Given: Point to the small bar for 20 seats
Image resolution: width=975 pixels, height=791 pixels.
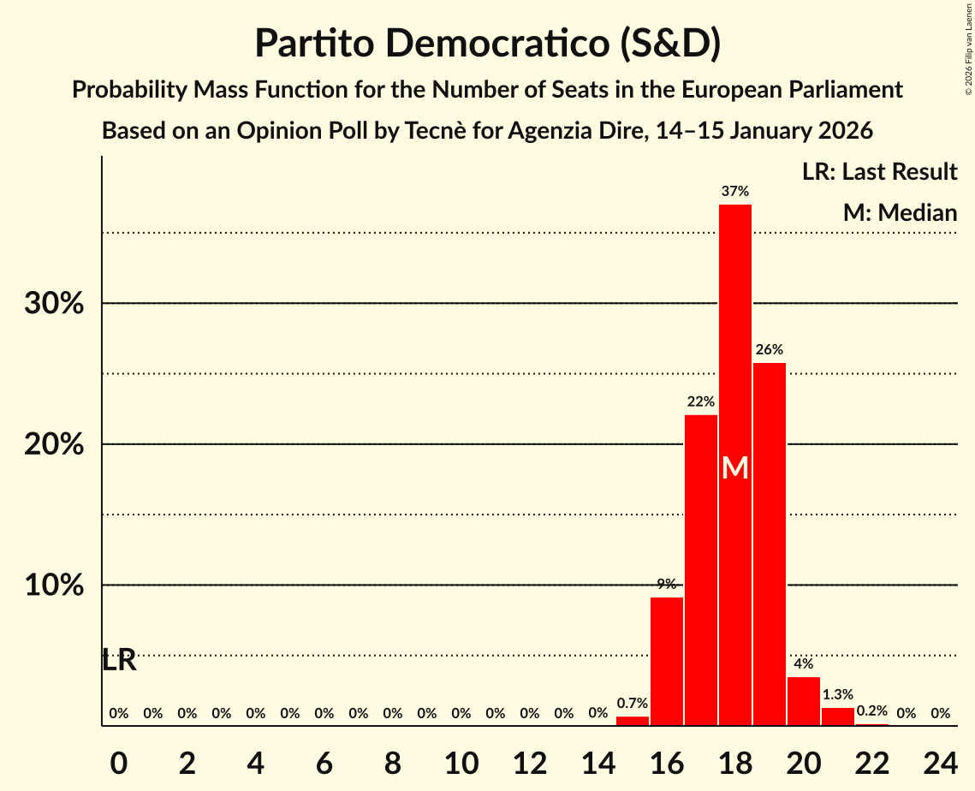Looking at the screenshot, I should click(804, 701).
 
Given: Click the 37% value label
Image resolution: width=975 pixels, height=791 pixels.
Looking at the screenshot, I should click(735, 192).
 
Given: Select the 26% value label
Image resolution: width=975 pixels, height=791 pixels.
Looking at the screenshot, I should click(770, 350).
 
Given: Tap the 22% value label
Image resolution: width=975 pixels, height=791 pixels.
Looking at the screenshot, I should click(701, 401).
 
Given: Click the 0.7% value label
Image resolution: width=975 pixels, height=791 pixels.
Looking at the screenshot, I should click(633, 704).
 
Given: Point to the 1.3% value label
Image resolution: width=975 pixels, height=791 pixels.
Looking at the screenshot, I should click(838, 695).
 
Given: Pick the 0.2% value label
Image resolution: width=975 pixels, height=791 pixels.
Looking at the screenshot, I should click(872, 711).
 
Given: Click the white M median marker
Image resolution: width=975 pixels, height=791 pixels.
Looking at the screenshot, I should click(735, 467).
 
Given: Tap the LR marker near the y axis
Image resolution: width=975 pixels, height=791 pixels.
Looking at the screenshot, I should click(119, 660).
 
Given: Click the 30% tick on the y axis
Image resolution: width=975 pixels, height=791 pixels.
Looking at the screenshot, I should click(54, 304).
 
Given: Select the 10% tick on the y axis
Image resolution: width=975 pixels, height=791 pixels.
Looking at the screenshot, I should click(54, 586).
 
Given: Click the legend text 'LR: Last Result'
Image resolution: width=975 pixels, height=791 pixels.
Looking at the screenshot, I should click(879, 172).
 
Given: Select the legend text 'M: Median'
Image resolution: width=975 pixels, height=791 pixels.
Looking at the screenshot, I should click(900, 213).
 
